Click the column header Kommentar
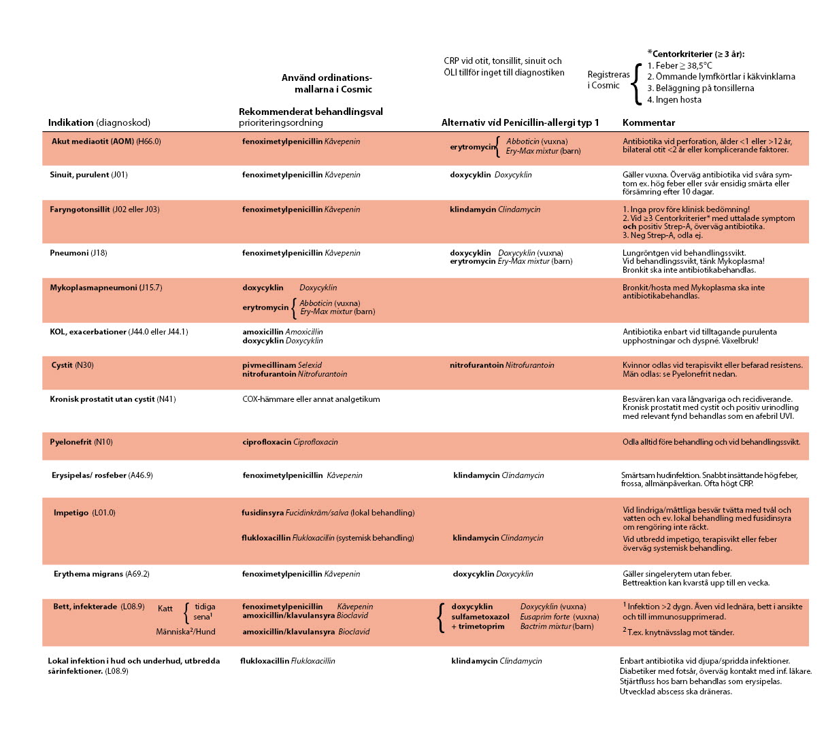(648, 123)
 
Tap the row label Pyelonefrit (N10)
(81, 442)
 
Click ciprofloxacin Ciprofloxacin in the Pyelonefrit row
(290, 442)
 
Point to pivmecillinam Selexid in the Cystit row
(282, 365)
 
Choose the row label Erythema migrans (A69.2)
(101, 574)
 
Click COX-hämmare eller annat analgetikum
(311, 399)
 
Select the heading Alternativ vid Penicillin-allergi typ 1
(520, 123)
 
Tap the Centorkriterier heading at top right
(698, 54)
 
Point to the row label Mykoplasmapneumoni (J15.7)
(105, 288)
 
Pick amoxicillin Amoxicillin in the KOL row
(282, 332)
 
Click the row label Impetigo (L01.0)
(84, 513)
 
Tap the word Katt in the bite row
(165, 609)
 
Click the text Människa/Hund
(185, 632)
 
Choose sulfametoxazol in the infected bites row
(480, 617)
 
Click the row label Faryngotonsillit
(105, 209)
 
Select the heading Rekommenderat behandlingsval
(310, 112)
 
